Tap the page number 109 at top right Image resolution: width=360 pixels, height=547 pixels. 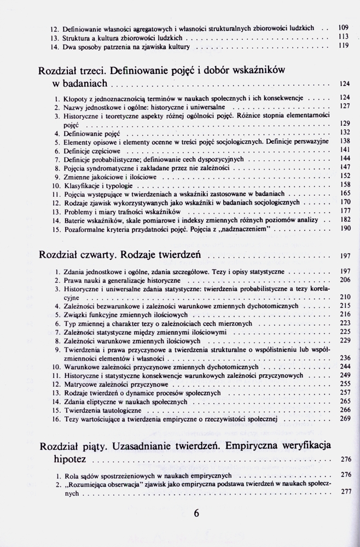pyautogui.click(x=344, y=27)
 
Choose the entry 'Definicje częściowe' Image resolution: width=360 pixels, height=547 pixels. pyautogui.click(x=90, y=150)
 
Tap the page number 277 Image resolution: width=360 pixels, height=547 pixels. pyautogui.click(x=345, y=492)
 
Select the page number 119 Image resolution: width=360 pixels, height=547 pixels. pyautogui.click(x=344, y=47)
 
